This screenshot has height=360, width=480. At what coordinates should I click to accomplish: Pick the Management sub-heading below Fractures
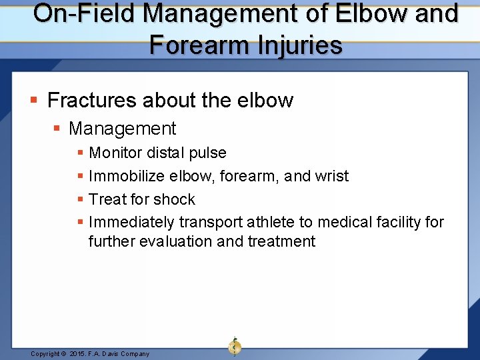pyautogui.click(x=122, y=128)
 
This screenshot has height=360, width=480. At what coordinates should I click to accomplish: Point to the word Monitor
pyautogui.click(x=115, y=153)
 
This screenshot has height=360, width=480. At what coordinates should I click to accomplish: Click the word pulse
pyautogui.click(x=207, y=153)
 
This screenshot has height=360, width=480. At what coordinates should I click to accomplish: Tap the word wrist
pyautogui.click(x=332, y=176)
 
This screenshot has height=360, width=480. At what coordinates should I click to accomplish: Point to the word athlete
pyautogui.click(x=272, y=222)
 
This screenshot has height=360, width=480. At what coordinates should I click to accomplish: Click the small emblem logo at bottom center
pyautogui.click(x=235, y=347)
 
